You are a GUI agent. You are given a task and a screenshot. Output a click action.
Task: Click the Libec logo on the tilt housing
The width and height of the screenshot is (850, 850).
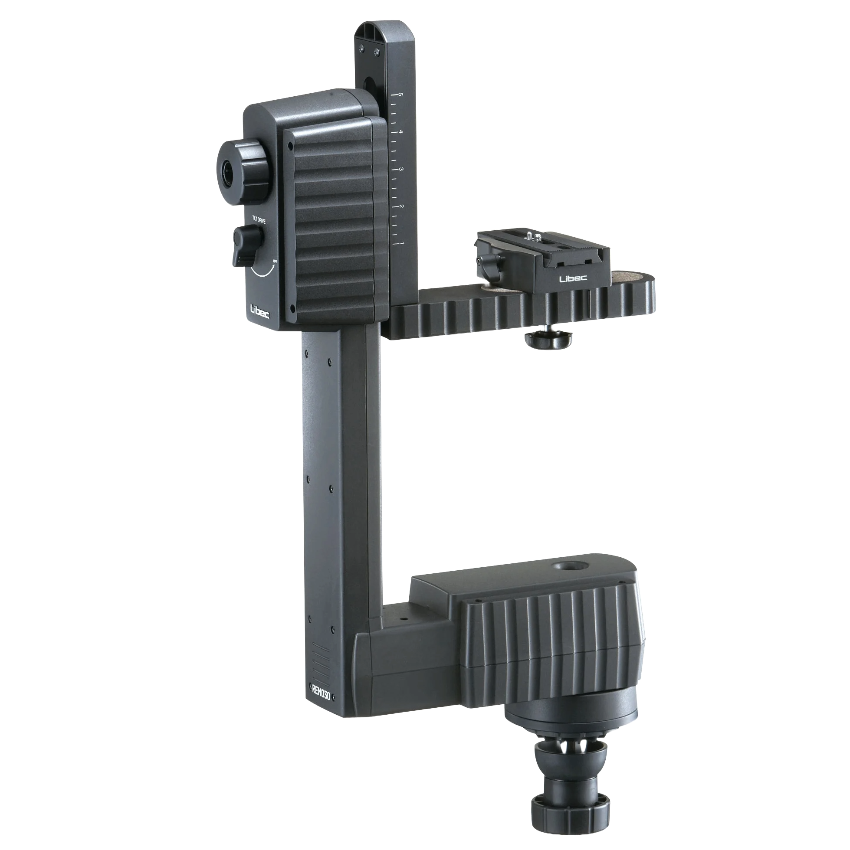260,312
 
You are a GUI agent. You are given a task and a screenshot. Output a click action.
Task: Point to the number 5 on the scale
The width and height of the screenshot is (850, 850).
400,94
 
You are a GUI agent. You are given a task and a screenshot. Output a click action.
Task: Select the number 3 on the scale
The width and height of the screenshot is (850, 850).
401,170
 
